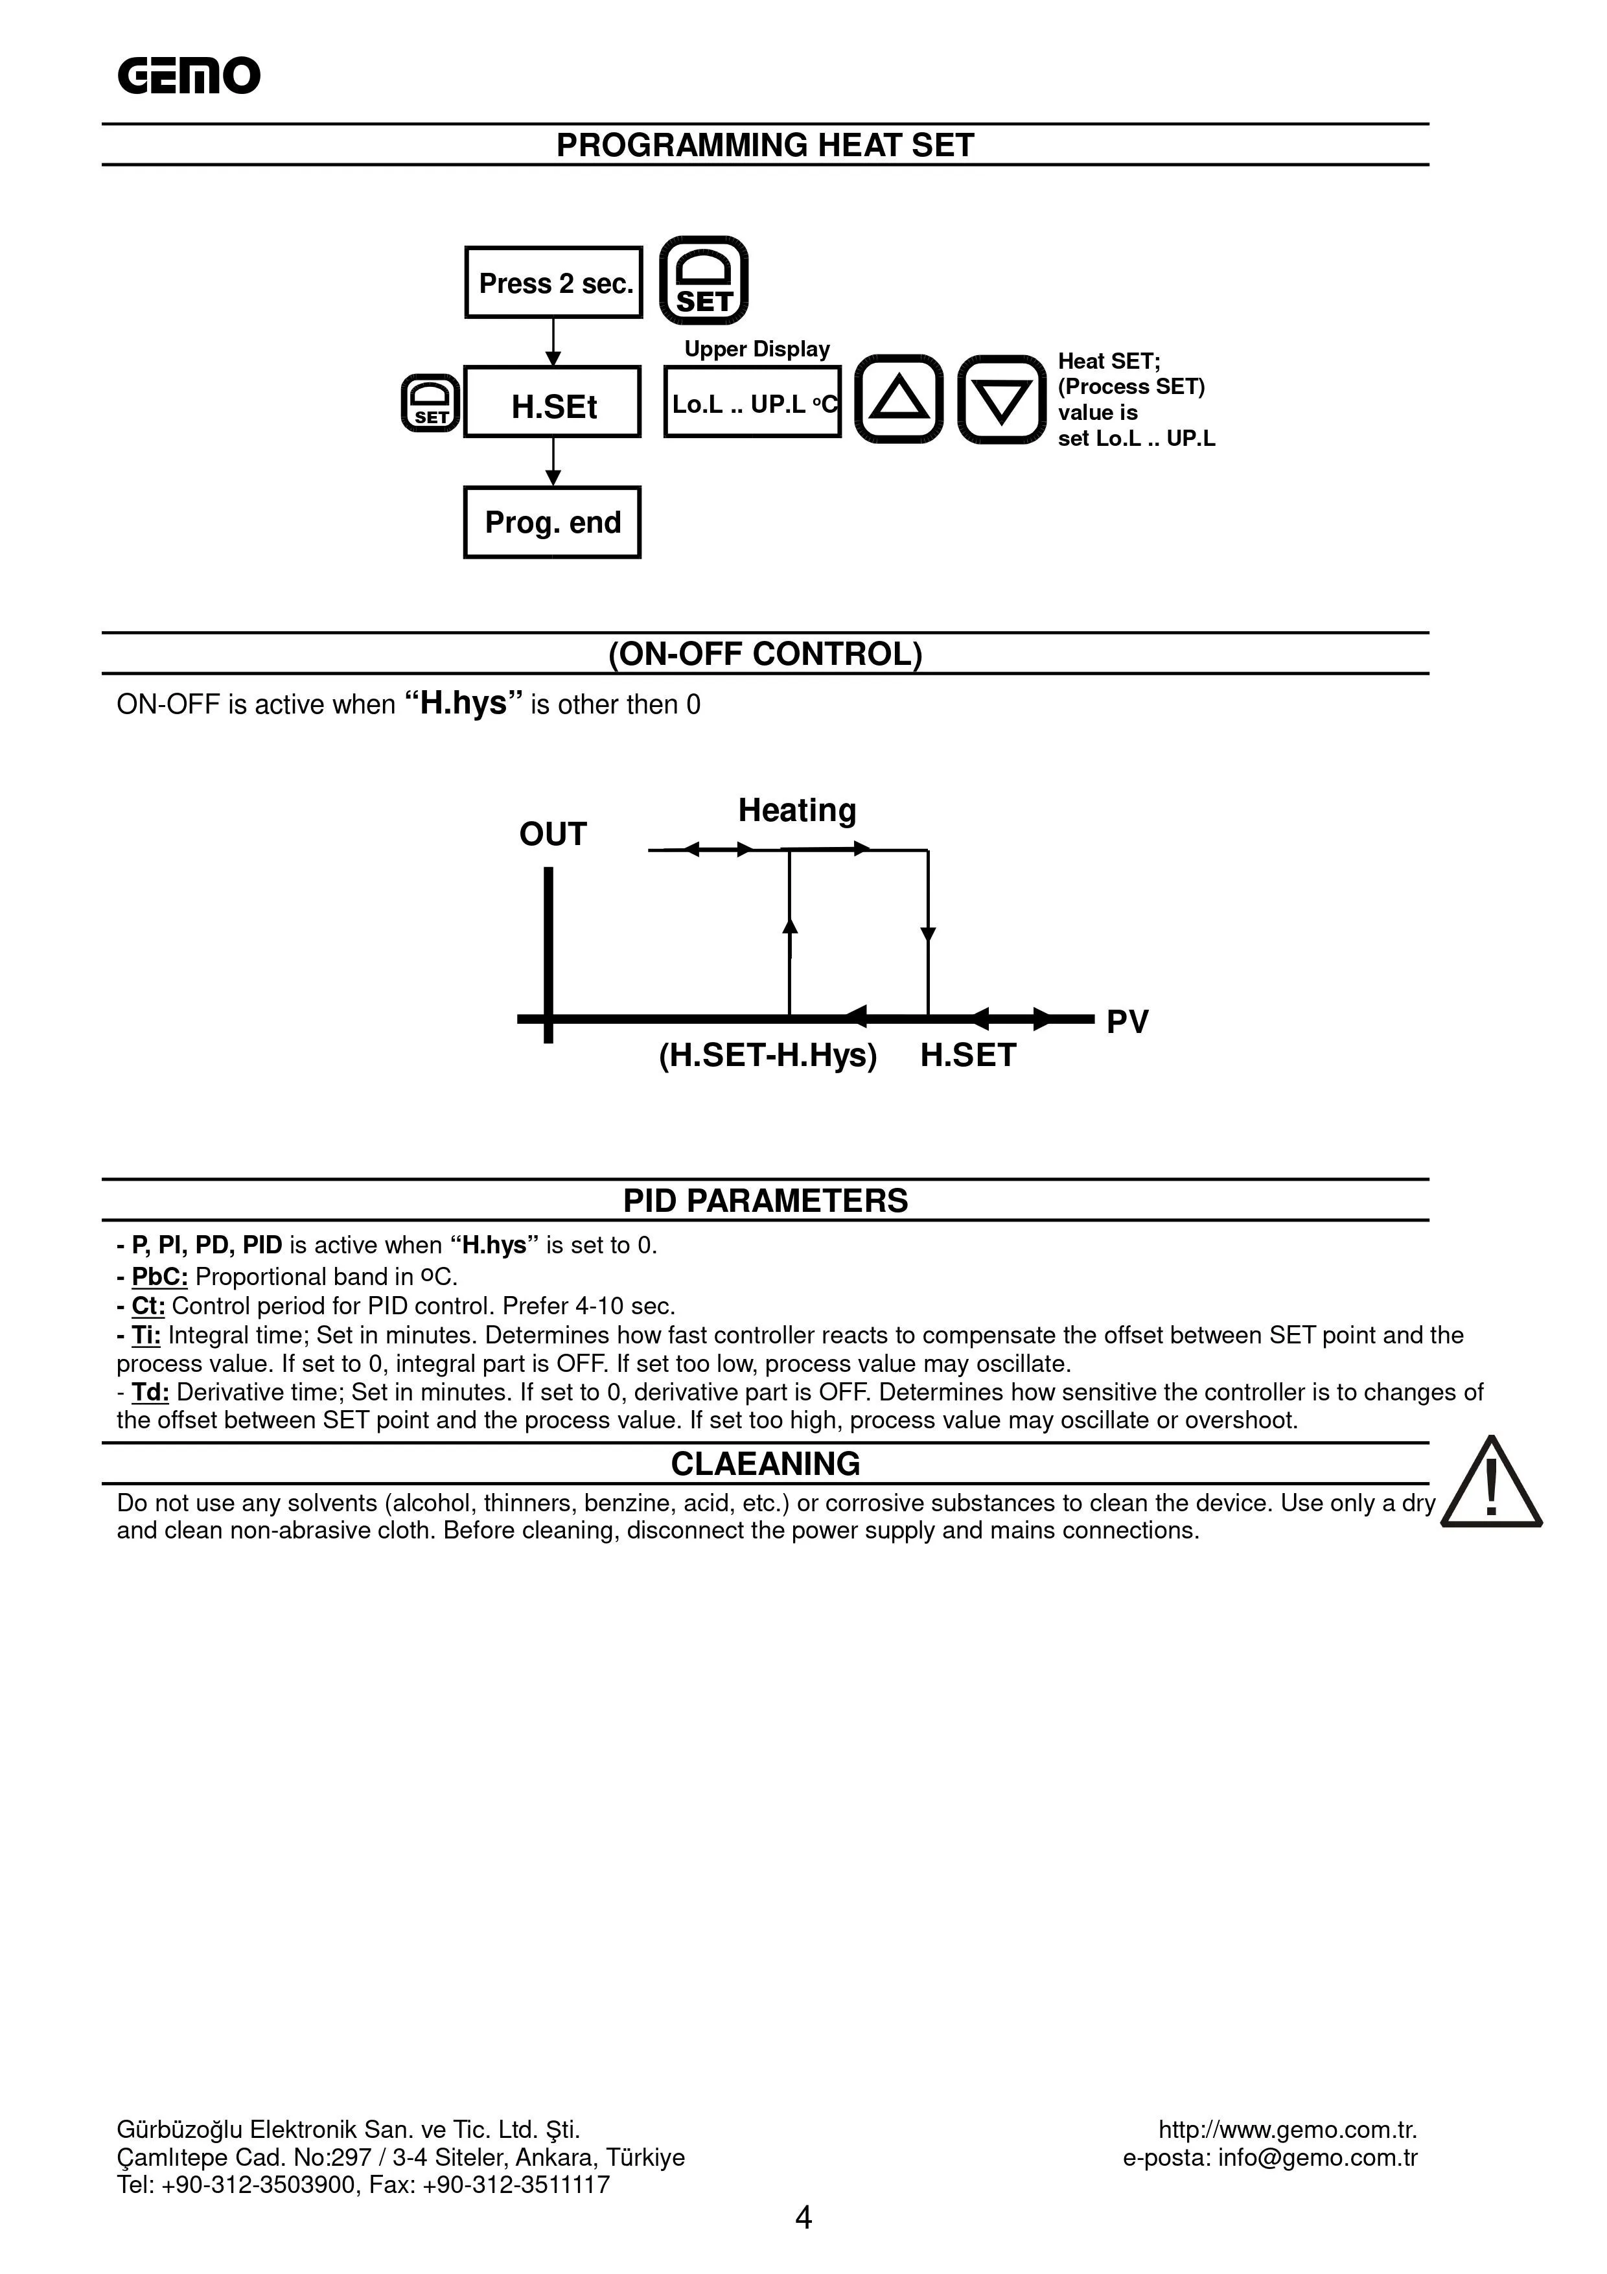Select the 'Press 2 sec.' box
click(553, 283)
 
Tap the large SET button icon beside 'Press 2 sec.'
click(703, 281)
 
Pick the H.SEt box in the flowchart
click(553, 402)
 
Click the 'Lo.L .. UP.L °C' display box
click(752, 402)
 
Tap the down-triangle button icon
click(1001, 399)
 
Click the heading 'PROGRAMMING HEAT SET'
click(765, 146)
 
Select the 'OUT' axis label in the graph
click(553, 834)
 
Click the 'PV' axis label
click(1127, 1021)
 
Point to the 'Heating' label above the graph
click(797, 810)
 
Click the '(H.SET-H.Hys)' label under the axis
click(769, 1056)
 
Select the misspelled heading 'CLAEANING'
click(765, 1464)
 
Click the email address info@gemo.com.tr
click(1317, 2158)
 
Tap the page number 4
click(803, 2218)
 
